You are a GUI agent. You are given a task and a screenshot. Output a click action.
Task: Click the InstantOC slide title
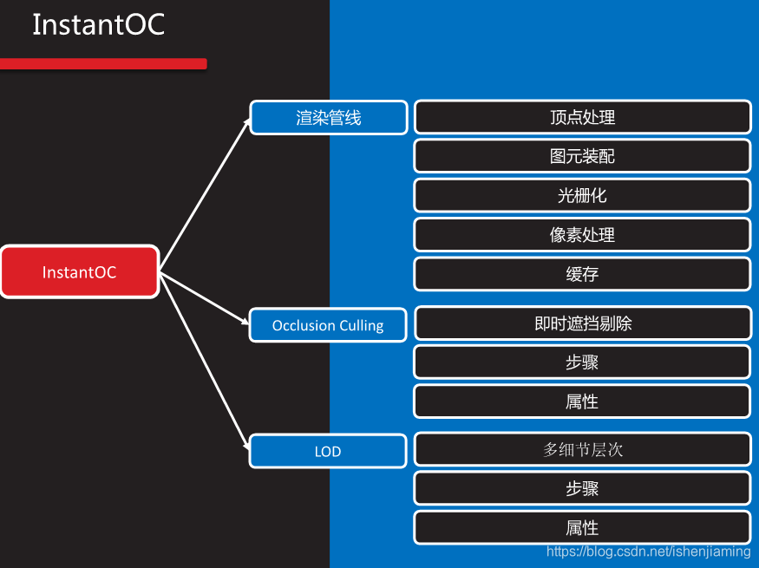pyautogui.click(x=98, y=25)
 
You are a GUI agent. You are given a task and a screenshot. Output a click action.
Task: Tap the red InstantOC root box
pyautogui.click(x=80, y=272)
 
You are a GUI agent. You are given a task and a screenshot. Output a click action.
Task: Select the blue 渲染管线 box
pyautogui.click(x=329, y=118)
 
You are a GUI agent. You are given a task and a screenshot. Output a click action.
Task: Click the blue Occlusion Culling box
pyautogui.click(x=328, y=325)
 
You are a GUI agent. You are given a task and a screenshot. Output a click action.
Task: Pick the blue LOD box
pyautogui.click(x=328, y=451)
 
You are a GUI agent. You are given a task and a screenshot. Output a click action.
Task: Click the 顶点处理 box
pyautogui.click(x=582, y=117)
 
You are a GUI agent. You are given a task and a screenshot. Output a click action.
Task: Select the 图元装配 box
pyautogui.click(x=582, y=156)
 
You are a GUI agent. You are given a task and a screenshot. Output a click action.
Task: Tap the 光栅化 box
pyautogui.click(x=582, y=195)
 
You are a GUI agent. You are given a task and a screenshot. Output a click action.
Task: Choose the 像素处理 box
pyautogui.click(x=582, y=234)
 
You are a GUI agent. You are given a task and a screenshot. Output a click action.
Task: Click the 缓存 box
pyautogui.click(x=582, y=274)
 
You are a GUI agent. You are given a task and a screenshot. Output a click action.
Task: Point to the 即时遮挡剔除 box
pyautogui.click(x=582, y=323)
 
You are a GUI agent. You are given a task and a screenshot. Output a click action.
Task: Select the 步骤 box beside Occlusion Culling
pyautogui.click(x=582, y=362)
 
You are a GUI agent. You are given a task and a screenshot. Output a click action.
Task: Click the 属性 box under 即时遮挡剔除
pyautogui.click(x=582, y=402)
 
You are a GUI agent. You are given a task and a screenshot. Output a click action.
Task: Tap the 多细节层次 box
pyautogui.click(x=582, y=449)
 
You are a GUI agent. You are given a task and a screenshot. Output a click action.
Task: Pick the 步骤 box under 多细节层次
pyautogui.click(x=582, y=488)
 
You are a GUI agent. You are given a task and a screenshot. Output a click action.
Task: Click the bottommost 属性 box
pyautogui.click(x=582, y=527)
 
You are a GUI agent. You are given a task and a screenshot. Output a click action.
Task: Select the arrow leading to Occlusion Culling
pyautogui.click(x=205, y=298)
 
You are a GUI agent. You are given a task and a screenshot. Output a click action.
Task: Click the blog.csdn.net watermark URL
pyautogui.click(x=648, y=552)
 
